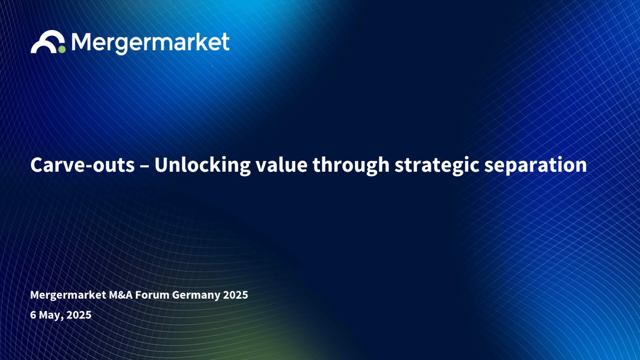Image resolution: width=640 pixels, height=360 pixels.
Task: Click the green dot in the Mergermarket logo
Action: point(62,49)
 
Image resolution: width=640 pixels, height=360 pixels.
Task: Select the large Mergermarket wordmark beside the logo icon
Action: point(150,43)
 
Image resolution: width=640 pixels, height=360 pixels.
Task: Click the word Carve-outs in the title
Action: point(82,165)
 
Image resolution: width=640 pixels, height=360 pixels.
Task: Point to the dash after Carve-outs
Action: point(145,166)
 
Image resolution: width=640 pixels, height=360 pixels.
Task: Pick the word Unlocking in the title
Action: point(203,165)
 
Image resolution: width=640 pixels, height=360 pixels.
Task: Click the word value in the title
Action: point(282,165)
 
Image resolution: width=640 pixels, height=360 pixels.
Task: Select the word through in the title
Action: point(351,165)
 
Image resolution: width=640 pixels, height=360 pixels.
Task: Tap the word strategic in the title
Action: point(437,165)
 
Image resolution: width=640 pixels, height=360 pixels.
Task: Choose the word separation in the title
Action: point(535,165)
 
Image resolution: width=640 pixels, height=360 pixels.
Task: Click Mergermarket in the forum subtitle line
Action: point(68,295)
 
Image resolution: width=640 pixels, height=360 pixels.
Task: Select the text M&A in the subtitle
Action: point(121,295)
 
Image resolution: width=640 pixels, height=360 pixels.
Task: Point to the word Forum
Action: point(152,295)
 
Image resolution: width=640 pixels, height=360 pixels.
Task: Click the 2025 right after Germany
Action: point(235,295)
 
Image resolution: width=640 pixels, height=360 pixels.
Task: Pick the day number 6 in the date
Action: point(33,315)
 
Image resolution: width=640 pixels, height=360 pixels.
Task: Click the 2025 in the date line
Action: point(79,315)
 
